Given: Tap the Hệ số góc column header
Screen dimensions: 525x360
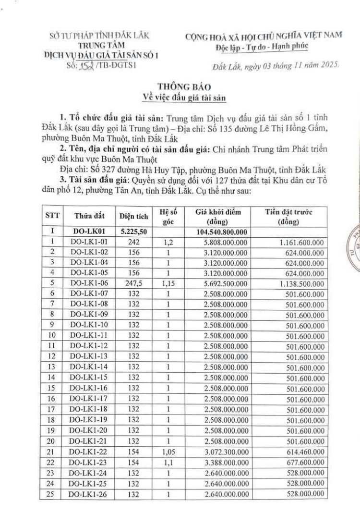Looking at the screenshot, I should point(168,216).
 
